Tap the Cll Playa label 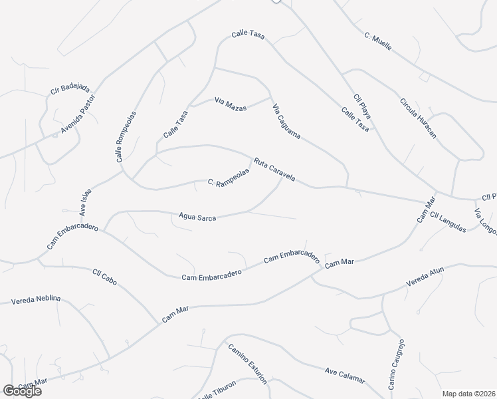pyautogui.click(x=362, y=106)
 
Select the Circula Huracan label pyautogui.click(x=418, y=118)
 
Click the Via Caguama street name pyautogui.click(x=287, y=120)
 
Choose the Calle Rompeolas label pyautogui.click(x=126, y=136)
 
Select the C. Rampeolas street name pyautogui.click(x=228, y=176)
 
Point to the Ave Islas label pyautogui.click(x=85, y=202)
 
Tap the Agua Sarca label pyautogui.click(x=197, y=216)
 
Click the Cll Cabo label pyautogui.click(x=104, y=277)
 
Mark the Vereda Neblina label pyautogui.click(x=36, y=300)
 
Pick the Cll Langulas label pyautogui.click(x=448, y=222)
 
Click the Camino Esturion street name pyautogui.click(x=247, y=363)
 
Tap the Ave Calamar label pyautogui.click(x=345, y=375)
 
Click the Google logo pyautogui.click(x=22, y=391)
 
